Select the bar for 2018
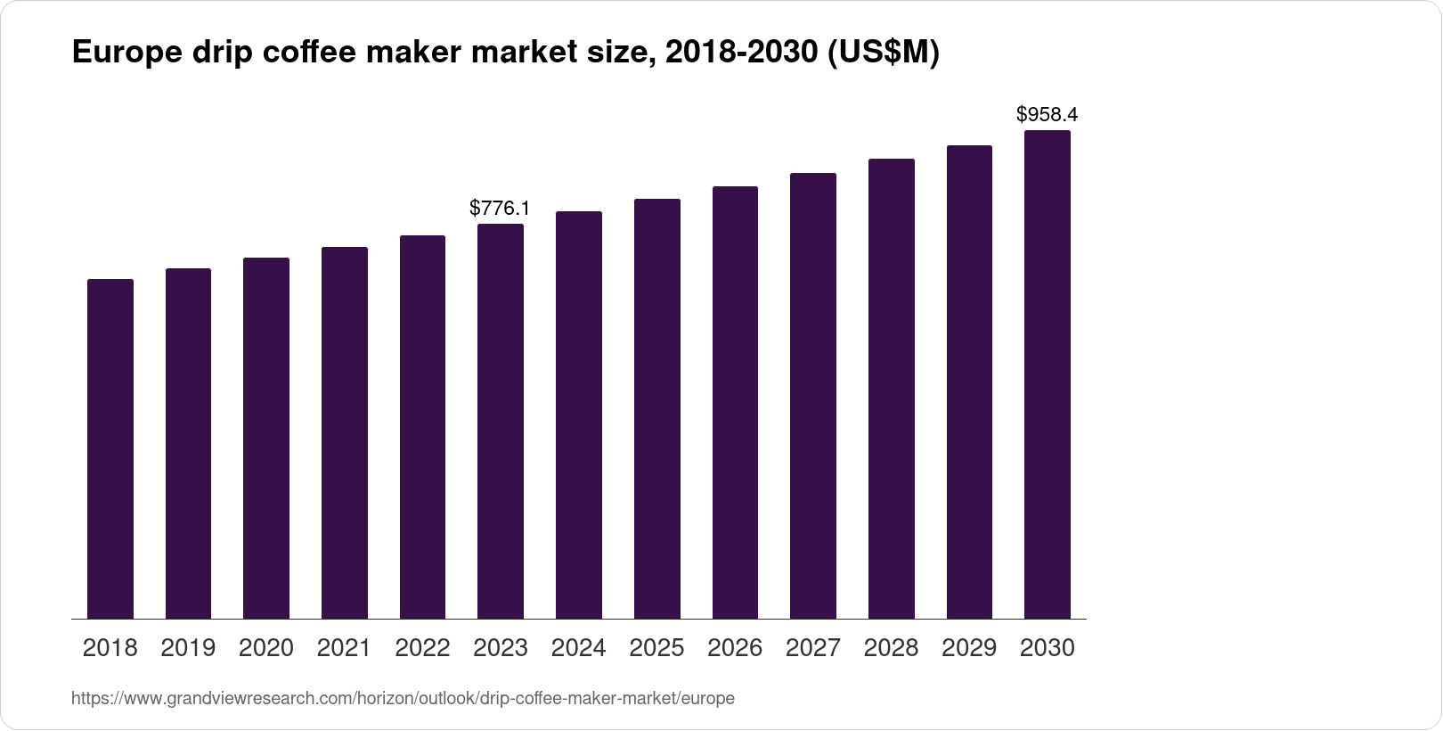[110, 448]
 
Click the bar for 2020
[266, 438]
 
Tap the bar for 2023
[501, 421]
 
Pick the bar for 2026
[735, 402]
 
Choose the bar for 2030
[1048, 374]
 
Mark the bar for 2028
[892, 389]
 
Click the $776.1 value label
[500, 209]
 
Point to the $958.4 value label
[1048, 115]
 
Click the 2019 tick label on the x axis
[188, 648]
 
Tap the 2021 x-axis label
[344, 648]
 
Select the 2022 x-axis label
[422, 648]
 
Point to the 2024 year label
[579, 648]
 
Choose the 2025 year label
[656, 648]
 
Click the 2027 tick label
[813, 648]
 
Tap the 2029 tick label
[969, 648]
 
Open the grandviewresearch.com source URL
[403, 699]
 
